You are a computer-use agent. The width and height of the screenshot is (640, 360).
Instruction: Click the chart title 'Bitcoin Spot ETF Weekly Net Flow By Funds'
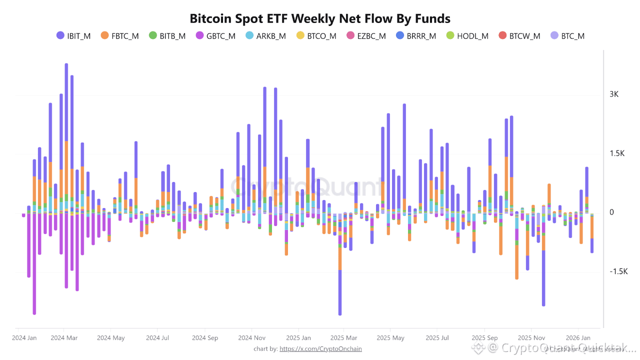(320, 18)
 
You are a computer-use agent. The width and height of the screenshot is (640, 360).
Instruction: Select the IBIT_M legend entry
(73, 36)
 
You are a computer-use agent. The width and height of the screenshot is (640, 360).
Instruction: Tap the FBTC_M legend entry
(119, 36)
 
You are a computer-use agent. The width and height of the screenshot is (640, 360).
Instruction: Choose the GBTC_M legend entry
(215, 36)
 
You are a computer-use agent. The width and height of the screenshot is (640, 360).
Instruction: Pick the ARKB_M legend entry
(265, 36)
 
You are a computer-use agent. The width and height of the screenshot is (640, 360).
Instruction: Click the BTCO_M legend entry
(316, 36)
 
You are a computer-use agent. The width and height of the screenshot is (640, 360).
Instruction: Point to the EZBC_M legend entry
(365, 36)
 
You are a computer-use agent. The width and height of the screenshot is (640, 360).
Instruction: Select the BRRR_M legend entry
(415, 36)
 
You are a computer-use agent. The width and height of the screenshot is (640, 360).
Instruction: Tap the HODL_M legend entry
(467, 36)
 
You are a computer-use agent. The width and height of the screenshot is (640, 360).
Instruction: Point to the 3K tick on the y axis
(614, 94)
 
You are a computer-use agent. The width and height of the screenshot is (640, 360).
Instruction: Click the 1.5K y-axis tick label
(617, 153)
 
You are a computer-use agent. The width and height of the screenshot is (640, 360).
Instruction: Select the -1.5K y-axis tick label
(618, 271)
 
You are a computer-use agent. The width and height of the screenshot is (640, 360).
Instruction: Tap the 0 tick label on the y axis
(611, 212)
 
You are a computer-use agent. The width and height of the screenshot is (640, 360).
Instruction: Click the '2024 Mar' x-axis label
(64, 338)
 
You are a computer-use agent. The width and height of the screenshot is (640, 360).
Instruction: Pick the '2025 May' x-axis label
(390, 338)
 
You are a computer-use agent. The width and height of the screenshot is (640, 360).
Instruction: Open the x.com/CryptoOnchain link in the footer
(320, 348)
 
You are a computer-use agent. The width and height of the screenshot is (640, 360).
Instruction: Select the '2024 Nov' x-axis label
(252, 338)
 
